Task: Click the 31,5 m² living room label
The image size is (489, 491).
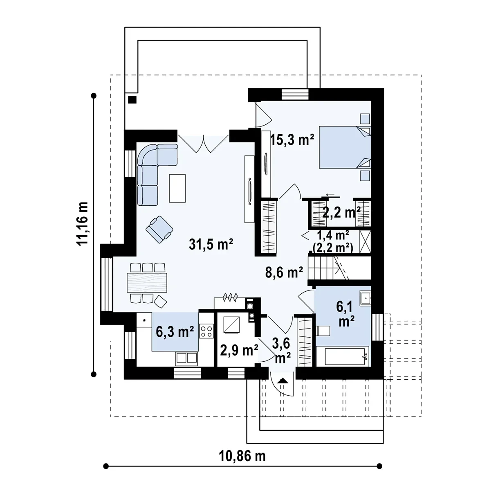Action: (x=211, y=244)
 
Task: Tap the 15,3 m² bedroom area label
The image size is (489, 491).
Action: (x=292, y=140)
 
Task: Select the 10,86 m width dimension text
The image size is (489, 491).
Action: (x=242, y=456)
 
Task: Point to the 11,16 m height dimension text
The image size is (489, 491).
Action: (x=82, y=224)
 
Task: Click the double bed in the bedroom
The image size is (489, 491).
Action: (x=345, y=147)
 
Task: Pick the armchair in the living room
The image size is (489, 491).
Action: (x=159, y=229)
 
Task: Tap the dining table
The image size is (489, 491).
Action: (x=147, y=282)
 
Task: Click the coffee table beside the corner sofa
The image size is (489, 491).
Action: (x=177, y=188)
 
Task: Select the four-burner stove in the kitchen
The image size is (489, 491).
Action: (x=206, y=331)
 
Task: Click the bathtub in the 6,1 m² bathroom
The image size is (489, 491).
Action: (x=343, y=356)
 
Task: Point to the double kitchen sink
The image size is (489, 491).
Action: (x=186, y=358)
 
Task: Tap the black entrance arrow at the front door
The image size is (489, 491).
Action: (x=283, y=381)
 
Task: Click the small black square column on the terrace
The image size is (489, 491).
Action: (x=132, y=99)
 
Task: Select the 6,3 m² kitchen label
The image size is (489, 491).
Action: (x=175, y=332)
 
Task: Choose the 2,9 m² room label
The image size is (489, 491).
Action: (x=239, y=350)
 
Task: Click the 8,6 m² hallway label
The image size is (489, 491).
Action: (x=284, y=273)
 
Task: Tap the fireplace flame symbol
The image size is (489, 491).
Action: (x=231, y=297)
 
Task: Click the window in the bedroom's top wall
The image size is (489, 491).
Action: (x=295, y=94)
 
